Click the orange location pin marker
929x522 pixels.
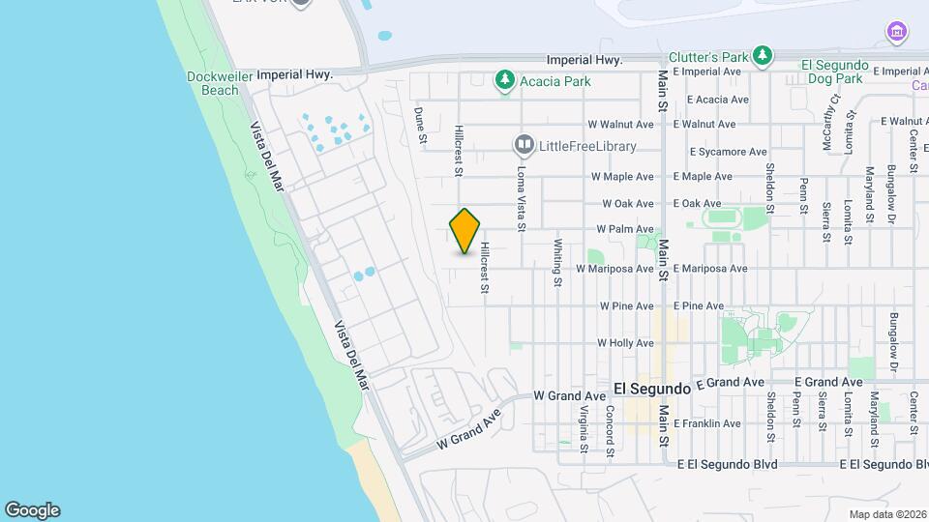[464, 231]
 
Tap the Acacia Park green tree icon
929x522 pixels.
[504, 81]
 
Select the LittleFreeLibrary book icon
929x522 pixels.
[524, 145]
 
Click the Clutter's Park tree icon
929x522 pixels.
[764, 56]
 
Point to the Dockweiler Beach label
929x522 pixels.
[214, 83]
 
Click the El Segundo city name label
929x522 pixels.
[652, 388]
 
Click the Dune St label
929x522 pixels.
[421, 126]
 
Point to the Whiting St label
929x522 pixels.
[558, 263]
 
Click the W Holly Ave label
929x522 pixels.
[627, 343]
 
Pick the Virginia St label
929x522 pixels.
[584, 429]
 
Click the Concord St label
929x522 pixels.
[611, 429]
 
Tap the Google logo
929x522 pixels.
[32, 509]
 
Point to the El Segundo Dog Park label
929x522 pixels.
[831, 71]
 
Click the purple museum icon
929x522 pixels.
[897, 33]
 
